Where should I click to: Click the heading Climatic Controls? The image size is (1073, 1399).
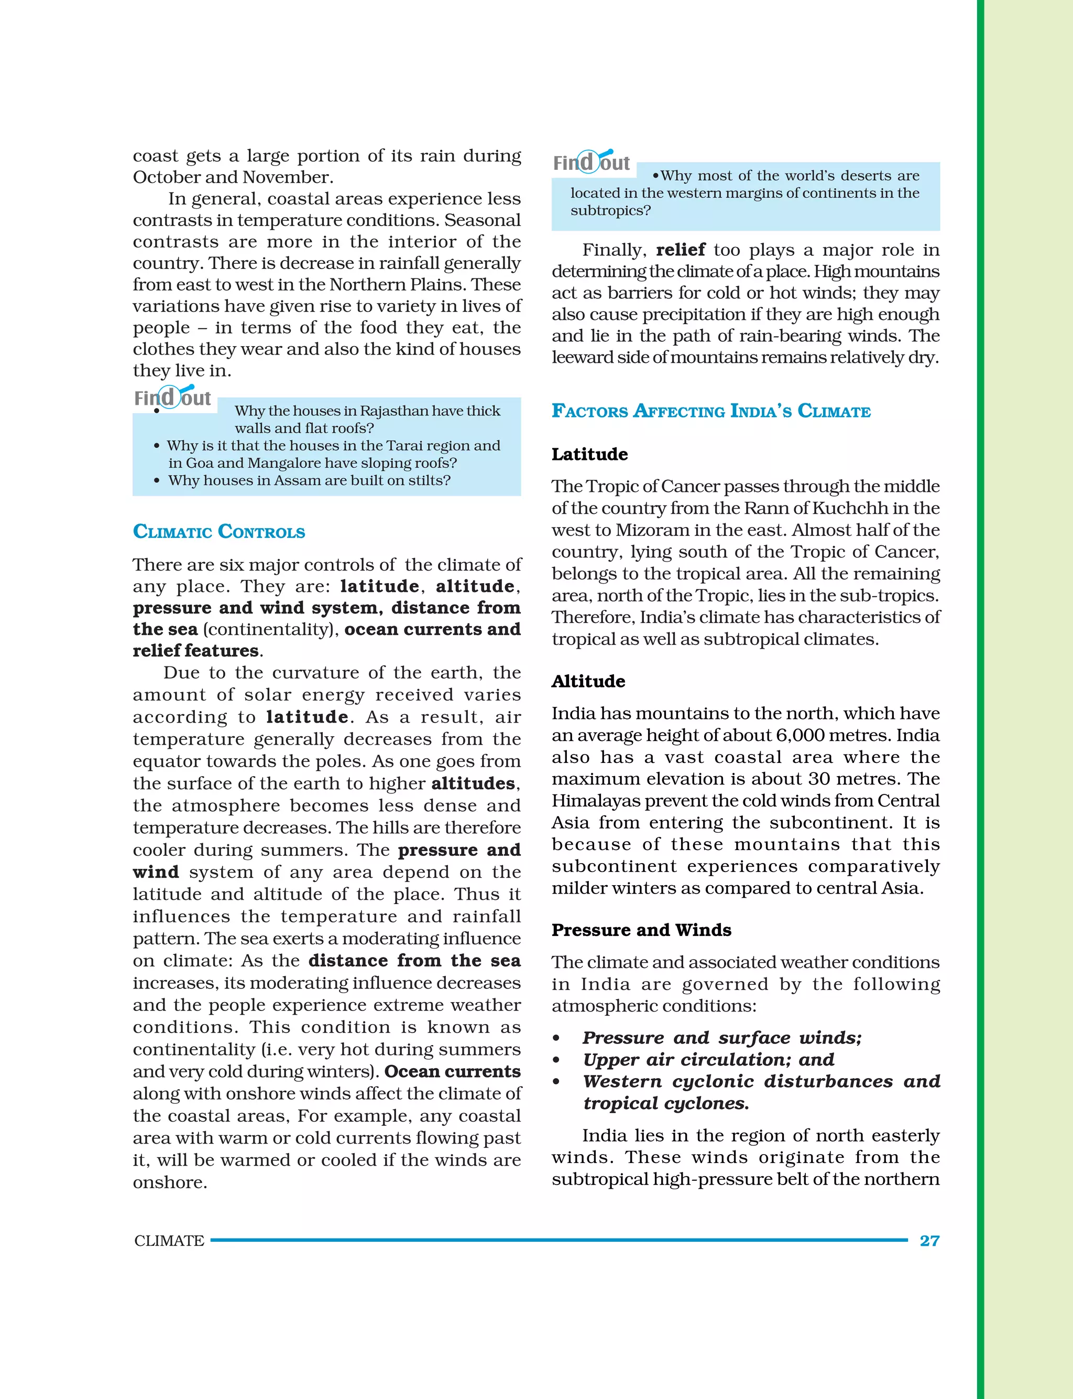tap(218, 532)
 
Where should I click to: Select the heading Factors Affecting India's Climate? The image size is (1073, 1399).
tap(711, 411)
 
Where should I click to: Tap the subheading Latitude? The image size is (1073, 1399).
tap(589, 455)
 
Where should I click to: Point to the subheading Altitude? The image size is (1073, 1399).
tap(588, 681)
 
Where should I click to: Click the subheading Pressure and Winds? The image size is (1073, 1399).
tap(641, 930)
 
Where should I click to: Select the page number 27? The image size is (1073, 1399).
tap(929, 1241)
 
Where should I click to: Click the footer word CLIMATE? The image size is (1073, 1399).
tap(169, 1241)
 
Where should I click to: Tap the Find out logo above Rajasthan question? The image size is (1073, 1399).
tap(172, 397)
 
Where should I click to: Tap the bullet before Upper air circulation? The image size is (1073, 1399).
tap(556, 1060)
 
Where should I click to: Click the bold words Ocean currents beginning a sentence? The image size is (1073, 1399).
tap(452, 1072)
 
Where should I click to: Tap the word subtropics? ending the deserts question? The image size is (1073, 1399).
tap(610, 211)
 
